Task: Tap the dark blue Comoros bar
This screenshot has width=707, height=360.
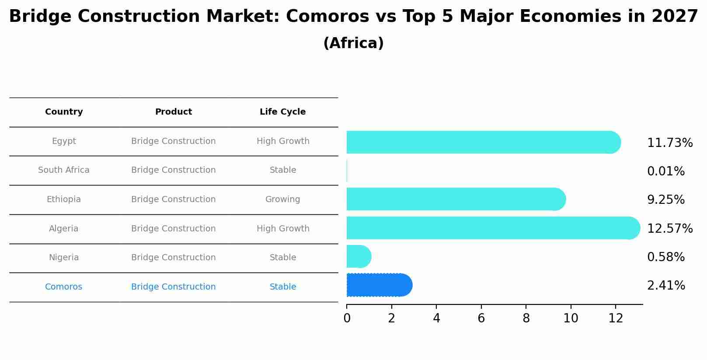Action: [379, 285]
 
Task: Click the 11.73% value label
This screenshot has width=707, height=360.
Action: [669, 143]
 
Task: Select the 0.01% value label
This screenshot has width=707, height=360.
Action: [665, 171]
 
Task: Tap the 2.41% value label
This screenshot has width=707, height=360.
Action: [665, 286]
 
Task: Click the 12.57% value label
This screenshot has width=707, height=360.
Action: [669, 229]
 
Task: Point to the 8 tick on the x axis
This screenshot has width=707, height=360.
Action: [526, 318]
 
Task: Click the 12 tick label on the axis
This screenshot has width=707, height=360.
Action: [616, 318]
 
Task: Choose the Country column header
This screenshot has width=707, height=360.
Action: [64, 112]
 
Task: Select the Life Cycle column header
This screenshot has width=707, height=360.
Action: [282, 112]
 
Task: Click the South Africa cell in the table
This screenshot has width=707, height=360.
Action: [64, 170]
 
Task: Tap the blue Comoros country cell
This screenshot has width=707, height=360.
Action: [63, 287]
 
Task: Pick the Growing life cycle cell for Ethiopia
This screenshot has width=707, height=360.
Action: [282, 199]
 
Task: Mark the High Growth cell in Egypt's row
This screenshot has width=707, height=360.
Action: [283, 141]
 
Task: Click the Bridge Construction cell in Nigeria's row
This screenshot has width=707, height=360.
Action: [173, 258]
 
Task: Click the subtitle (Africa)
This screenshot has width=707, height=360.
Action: [353, 43]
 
